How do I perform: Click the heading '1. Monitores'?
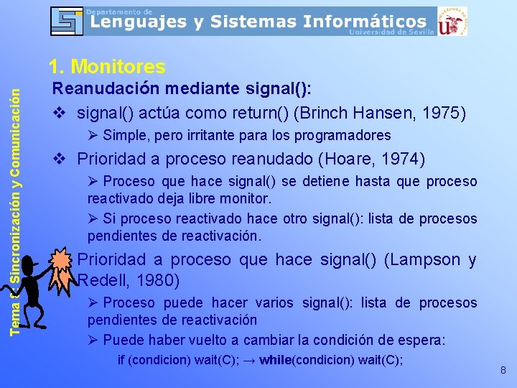[x=107, y=68]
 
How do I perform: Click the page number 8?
[x=503, y=371]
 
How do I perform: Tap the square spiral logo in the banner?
[x=67, y=21]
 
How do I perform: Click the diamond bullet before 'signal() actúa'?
[x=61, y=114]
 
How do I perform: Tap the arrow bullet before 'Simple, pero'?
[x=93, y=136]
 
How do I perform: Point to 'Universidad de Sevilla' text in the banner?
[x=391, y=32]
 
